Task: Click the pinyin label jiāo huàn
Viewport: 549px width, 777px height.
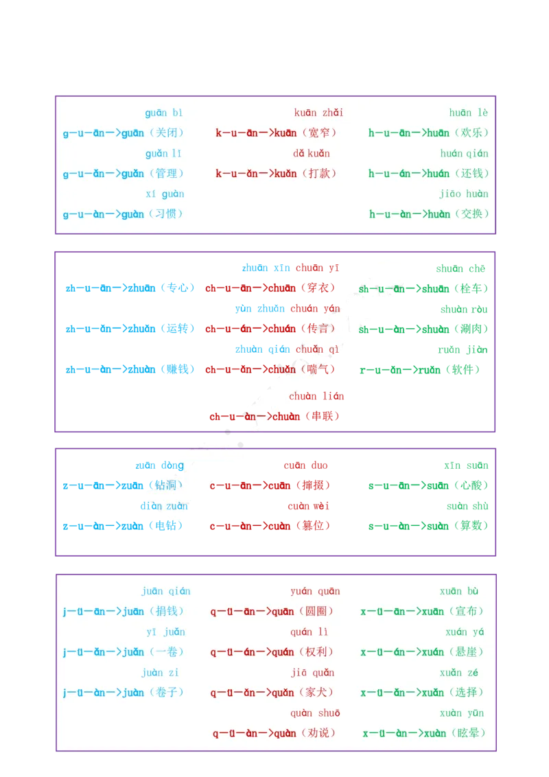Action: (464, 194)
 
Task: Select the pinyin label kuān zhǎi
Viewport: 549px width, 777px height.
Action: (318, 113)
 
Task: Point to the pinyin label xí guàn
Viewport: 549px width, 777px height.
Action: (164, 194)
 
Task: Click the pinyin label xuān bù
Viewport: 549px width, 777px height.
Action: (459, 591)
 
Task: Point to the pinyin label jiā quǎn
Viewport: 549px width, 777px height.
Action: (312, 672)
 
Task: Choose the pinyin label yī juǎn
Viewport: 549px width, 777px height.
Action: (165, 631)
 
